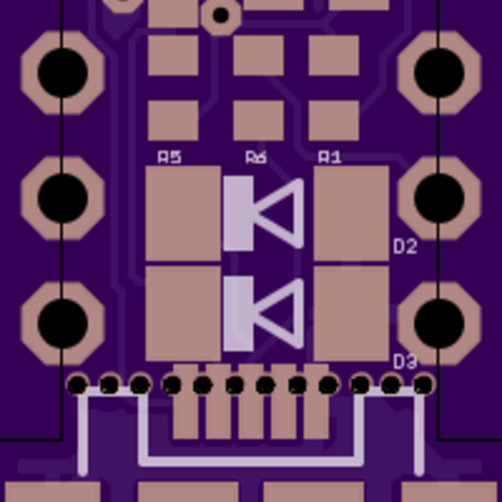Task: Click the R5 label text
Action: coord(169,156)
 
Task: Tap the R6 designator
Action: coord(256,156)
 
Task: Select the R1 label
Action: coord(330,156)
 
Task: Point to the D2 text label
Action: coord(405,247)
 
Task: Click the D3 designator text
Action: coord(405,361)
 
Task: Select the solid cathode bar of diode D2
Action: coord(238,213)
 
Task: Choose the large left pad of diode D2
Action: coord(182,213)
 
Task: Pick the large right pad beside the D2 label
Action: coord(351,213)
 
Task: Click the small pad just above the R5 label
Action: coord(173,120)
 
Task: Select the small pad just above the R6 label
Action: coord(259,120)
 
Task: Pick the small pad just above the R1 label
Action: coord(334,120)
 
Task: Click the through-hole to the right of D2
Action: coord(439,197)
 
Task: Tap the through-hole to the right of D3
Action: coord(439,321)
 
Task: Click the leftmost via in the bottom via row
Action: coord(77,385)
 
